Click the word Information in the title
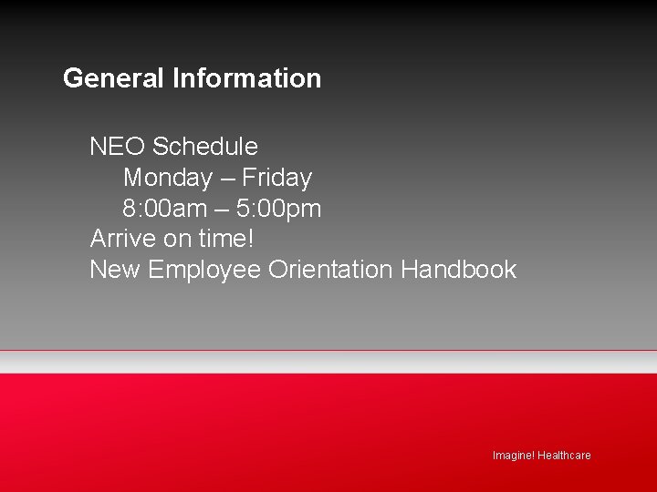coord(246,78)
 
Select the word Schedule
coord(205,147)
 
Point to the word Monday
coord(167,178)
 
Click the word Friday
coord(276,178)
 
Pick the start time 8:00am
coord(165,209)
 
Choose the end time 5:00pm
coord(278,209)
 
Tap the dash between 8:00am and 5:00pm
coord(222,210)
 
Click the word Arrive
coord(122,240)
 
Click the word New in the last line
coord(115,271)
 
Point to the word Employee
coord(204,271)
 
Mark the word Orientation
coord(330,271)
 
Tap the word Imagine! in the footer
coord(513,456)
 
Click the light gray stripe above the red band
coord(328,362)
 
